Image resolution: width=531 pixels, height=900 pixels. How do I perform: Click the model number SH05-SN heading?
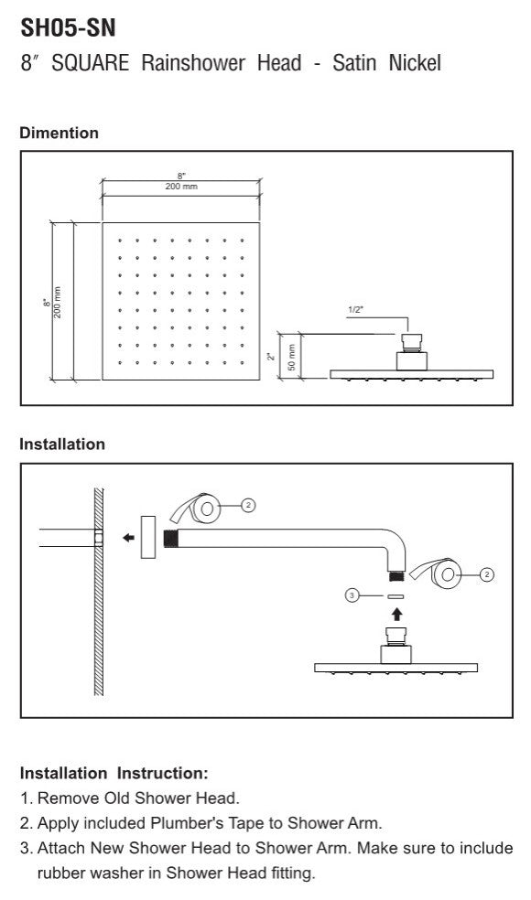[x=68, y=27]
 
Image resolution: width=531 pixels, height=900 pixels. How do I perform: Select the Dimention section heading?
[x=60, y=133]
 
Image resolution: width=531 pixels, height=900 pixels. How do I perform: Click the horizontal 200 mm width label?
[x=181, y=187]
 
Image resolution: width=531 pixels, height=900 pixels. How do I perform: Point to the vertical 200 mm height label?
[x=58, y=302]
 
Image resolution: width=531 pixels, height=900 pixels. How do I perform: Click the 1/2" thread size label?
[x=356, y=310]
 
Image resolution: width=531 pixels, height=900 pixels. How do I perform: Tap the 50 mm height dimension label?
[x=291, y=357]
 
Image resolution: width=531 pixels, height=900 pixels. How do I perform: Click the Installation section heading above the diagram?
[x=62, y=445]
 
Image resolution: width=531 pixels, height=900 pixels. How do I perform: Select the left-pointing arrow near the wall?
[x=129, y=538]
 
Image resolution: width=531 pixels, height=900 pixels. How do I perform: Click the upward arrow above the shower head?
[x=396, y=614]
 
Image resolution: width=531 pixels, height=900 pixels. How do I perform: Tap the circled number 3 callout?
[x=352, y=595]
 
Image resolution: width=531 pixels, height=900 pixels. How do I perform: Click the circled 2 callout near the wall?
[x=248, y=505]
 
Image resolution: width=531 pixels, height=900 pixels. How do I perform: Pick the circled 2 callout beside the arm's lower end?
[x=486, y=574]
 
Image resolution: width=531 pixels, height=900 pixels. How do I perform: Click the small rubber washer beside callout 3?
[x=396, y=596]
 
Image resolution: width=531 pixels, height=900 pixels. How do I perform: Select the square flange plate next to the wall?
[x=148, y=537]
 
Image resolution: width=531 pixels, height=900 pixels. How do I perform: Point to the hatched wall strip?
[x=99, y=592]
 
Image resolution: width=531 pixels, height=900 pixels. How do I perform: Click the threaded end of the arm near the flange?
[x=170, y=539]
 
